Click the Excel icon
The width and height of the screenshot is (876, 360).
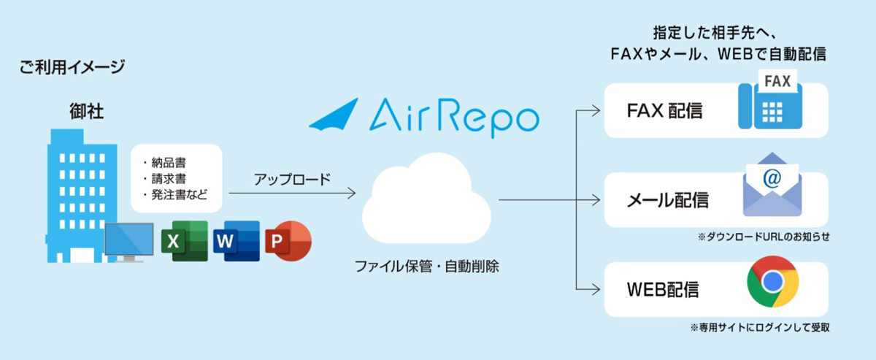click(x=185, y=241)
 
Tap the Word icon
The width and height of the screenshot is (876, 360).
click(x=237, y=241)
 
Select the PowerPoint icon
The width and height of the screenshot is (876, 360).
click(x=288, y=241)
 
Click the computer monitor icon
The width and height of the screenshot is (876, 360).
click(x=129, y=242)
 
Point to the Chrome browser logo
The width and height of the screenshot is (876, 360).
click(x=772, y=281)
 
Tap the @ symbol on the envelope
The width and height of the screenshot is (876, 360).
click(x=772, y=178)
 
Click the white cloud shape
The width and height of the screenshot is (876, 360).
click(x=426, y=199)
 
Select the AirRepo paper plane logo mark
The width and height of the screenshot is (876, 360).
click(x=334, y=114)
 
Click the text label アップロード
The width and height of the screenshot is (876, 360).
click(x=292, y=180)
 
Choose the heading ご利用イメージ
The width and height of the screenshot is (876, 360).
click(x=72, y=67)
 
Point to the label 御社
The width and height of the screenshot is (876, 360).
click(x=86, y=111)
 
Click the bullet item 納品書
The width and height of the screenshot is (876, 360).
click(x=169, y=162)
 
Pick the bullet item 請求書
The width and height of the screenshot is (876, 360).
click(x=169, y=179)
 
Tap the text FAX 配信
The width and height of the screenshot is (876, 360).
click(x=664, y=111)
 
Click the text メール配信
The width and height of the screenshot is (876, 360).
click(x=667, y=200)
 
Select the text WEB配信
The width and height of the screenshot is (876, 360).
click(x=663, y=290)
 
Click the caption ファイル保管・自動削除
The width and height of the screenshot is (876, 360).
click(x=426, y=267)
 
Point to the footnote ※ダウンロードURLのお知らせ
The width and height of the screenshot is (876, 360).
click(x=764, y=237)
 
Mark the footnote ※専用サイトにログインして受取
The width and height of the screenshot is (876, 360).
click(x=759, y=328)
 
